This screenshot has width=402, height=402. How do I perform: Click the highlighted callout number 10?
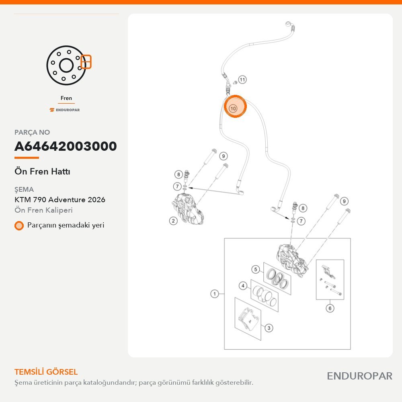pos(233,108)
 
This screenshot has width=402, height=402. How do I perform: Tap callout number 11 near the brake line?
pos(242,80)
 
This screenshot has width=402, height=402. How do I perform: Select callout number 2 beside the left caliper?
pos(173,221)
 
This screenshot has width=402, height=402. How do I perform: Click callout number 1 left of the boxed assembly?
pos(215,293)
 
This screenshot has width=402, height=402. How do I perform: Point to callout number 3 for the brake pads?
pos(269,328)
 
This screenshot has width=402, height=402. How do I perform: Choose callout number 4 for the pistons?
pos(243,285)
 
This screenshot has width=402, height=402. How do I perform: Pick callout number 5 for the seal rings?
pos(255,269)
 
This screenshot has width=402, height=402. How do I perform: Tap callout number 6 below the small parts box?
pos(330,308)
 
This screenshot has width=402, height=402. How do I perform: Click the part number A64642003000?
pos(66,146)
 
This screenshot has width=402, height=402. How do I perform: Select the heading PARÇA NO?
pos(32,132)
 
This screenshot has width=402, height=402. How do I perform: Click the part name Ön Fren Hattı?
pos(42,171)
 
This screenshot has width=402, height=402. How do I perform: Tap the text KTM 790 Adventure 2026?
pos(60,199)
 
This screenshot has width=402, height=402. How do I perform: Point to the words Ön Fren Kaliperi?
pos(43,210)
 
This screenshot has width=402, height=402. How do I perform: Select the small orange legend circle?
pos(19,226)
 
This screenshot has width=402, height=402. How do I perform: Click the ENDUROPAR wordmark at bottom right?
pos(359,376)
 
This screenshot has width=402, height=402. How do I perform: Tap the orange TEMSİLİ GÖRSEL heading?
pos(46,372)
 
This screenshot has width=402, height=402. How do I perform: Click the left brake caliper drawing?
pos(187,209)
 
